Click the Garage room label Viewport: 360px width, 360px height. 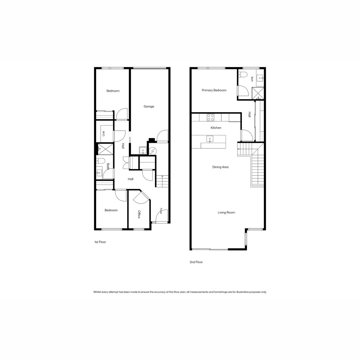(149, 106)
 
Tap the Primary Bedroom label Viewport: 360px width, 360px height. (214, 90)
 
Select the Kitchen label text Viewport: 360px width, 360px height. (216, 128)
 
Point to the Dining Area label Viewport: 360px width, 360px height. (220, 167)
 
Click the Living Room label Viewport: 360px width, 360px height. (226, 212)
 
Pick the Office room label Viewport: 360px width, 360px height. (139, 214)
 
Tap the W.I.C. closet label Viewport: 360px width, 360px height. (103, 133)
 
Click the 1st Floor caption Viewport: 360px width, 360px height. (100, 242)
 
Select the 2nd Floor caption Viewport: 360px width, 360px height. (196, 262)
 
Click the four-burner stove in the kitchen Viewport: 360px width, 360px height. (210, 118)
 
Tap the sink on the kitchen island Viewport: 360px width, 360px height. (210, 139)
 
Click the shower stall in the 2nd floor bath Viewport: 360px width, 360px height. (258, 93)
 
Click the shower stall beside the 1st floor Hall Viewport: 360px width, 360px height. (106, 149)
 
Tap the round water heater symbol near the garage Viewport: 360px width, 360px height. (153, 151)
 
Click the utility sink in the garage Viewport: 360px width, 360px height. (143, 150)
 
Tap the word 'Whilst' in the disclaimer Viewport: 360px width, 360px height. (97, 292)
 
